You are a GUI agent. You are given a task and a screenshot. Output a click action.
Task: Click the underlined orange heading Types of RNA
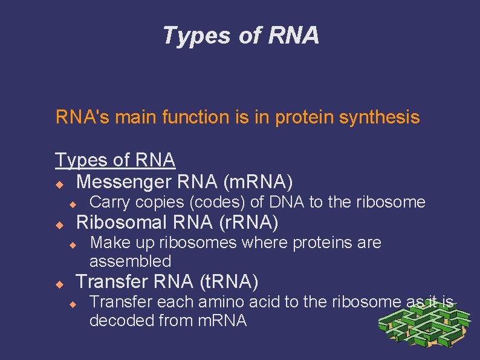115,160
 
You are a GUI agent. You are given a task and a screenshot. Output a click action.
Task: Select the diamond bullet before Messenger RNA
59,182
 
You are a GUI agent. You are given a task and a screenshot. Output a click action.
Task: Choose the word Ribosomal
121,222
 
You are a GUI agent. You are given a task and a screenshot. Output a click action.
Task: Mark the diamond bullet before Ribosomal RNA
59,224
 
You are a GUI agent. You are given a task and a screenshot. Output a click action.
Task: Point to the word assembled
130,261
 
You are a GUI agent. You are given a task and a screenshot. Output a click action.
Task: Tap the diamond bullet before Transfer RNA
59,283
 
